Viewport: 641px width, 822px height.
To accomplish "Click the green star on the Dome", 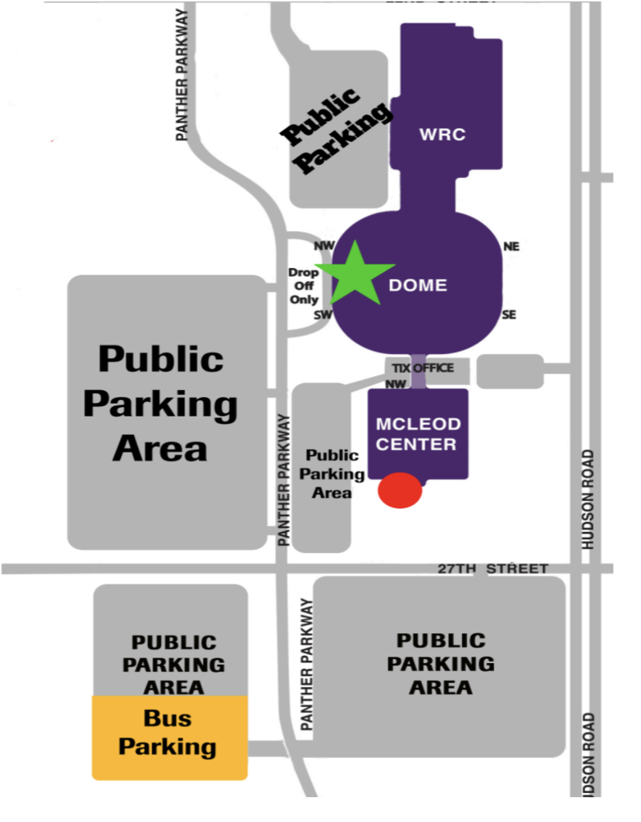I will [352, 273].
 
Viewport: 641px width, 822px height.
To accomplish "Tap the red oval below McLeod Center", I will [400, 490].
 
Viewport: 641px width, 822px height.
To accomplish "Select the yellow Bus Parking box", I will [169, 736].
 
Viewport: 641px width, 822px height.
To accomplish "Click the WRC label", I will [442, 134].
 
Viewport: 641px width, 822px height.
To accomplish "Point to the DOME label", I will [418, 285].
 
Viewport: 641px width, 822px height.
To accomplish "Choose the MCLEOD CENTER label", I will [417, 433].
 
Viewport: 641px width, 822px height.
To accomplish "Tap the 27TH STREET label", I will [493, 568].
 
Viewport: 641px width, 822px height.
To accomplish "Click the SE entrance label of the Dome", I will [509, 315].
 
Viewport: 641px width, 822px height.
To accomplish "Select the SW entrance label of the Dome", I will [323, 315].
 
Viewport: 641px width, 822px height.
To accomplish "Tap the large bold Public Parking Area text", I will [160, 404].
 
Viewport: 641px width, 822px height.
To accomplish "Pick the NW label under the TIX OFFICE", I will [396, 384].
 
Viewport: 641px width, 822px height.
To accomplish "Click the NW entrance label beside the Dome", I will [323, 246].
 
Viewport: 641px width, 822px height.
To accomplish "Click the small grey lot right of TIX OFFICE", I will [510, 371].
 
